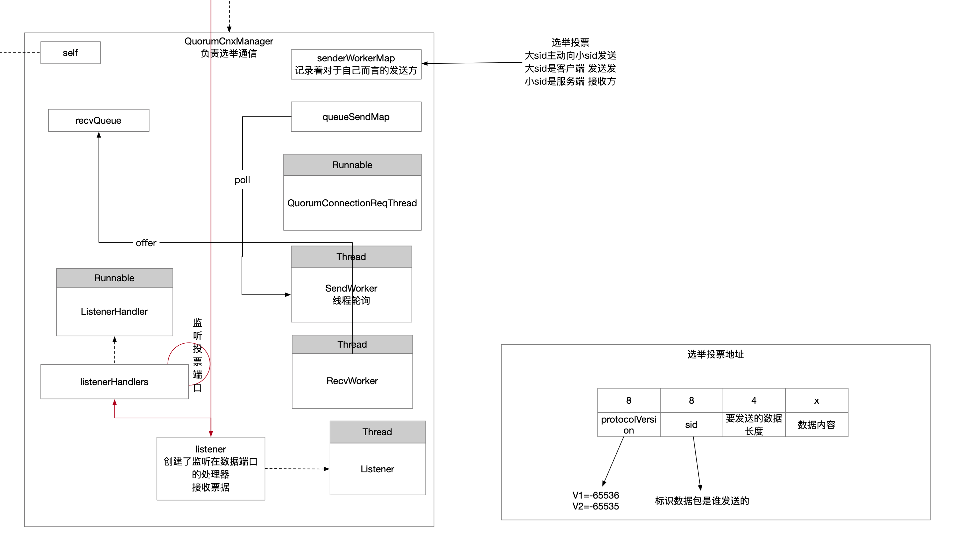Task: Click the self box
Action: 70,53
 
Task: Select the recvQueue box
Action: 98,120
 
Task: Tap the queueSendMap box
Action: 356,117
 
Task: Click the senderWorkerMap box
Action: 356,64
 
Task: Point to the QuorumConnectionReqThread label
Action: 352,203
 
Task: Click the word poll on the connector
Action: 242,180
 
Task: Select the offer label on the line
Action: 146,243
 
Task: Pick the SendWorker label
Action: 351,288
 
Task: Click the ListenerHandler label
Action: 114,311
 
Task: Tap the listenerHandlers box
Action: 114,382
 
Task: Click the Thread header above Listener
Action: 377,432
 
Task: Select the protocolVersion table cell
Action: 629,425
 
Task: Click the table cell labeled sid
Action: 691,425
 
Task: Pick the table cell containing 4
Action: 754,400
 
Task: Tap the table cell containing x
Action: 817,400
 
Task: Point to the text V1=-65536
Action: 596,495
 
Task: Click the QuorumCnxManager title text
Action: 229,41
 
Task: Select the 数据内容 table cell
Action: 817,425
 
